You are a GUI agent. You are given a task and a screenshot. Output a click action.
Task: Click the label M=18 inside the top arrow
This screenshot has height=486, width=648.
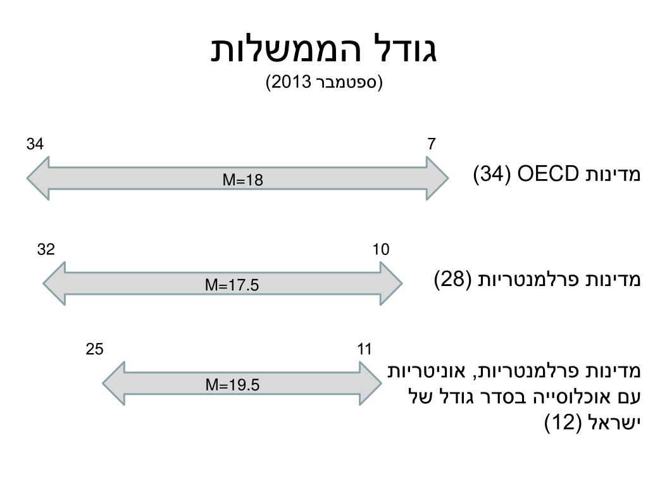(x=242, y=180)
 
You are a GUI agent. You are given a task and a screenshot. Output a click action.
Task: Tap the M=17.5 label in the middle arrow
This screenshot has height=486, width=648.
(x=232, y=285)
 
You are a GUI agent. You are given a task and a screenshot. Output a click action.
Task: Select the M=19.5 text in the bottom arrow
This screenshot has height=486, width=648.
(x=232, y=384)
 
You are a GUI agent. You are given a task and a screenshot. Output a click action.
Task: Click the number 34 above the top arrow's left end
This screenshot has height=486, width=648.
(x=35, y=144)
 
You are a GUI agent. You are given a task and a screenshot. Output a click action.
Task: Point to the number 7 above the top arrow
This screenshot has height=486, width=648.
(x=431, y=144)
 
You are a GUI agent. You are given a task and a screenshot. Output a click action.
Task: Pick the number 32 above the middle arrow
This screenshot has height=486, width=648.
(x=46, y=249)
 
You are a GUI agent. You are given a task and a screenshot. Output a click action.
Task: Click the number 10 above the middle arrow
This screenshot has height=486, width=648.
(x=380, y=249)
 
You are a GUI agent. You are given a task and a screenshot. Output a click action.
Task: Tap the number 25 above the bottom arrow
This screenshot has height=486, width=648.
(x=95, y=349)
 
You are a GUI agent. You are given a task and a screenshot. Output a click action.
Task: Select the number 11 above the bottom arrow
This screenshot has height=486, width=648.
(x=364, y=349)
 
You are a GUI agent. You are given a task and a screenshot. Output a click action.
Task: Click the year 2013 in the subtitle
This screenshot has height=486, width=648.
(x=290, y=82)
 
